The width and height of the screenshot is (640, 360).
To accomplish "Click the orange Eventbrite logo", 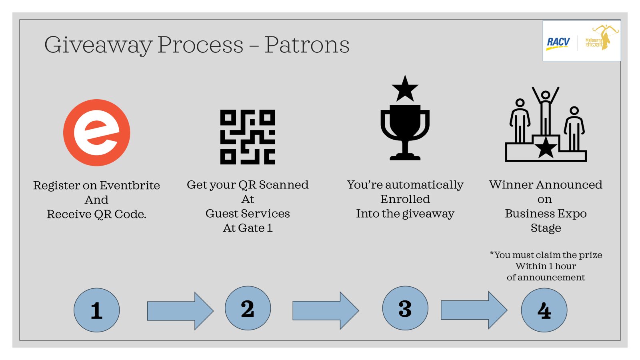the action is (96, 132).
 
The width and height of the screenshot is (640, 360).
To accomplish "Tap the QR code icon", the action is (248, 137).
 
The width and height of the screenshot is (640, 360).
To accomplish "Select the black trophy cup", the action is (405, 132).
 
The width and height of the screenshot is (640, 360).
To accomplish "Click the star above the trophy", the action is (405, 89).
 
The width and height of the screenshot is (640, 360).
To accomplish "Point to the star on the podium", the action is (546, 148).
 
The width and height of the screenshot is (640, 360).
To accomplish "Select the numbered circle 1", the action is (96, 310).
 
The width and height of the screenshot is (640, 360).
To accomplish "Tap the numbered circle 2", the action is (248, 308).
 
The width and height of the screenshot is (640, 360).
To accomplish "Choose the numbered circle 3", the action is (405, 308).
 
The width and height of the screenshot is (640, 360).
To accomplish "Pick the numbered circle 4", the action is (544, 310).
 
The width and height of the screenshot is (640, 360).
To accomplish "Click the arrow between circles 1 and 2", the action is (180, 311).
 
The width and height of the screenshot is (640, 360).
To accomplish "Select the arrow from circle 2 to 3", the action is (326, 310).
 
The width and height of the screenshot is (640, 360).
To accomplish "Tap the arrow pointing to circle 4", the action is (474, 310).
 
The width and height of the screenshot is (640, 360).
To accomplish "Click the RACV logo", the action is (558, 44).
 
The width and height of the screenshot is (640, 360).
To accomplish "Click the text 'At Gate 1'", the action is (248, 228).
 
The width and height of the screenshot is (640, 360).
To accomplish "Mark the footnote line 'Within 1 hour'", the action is (546, 266).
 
